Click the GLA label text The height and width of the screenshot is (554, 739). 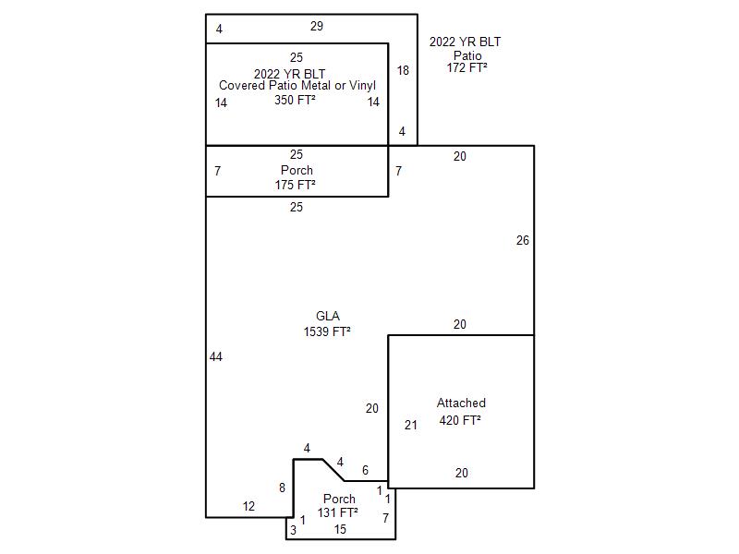coord(328,316)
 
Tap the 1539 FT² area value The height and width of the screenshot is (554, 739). coord(327,331)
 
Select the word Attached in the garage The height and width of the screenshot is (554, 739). coord(461,403)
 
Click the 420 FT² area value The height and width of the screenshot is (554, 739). coord(460,420)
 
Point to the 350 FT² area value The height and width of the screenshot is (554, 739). coord(295,100)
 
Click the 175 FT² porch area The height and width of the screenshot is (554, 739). coord(295,186)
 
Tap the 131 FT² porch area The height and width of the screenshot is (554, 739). coord(337,512)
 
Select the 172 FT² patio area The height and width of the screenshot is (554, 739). coord(467,67)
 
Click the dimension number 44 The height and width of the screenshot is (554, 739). coord(216,357)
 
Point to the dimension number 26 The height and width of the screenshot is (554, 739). coord(523,241)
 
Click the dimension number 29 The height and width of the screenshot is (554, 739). coord(317,27)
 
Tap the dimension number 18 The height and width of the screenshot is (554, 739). coord(403,71)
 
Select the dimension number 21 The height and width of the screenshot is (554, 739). coord(411,426)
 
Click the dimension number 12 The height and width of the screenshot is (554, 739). coord(248,506)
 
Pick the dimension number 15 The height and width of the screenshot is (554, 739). coord(340,529)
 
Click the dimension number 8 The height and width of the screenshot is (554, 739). coord(282,488)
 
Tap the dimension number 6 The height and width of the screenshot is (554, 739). coord(365,470)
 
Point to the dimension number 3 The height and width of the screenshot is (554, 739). coord(293,530)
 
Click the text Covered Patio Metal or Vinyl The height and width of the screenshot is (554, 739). coord(297,86)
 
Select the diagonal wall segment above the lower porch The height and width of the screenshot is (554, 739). coord(333,470)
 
